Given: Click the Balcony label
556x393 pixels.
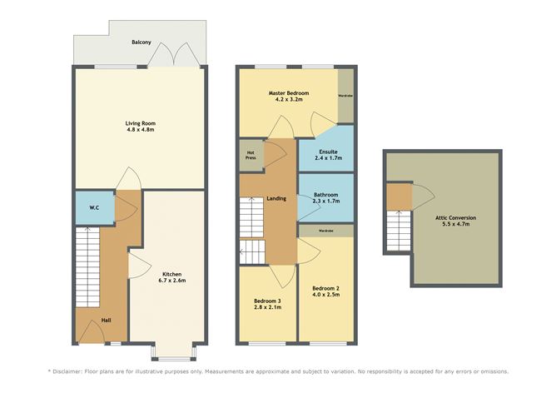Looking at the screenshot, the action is coord(141,42).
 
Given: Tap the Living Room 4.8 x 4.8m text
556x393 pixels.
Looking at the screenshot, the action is coord(141,127).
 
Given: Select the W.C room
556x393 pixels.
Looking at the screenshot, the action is coord(95,208).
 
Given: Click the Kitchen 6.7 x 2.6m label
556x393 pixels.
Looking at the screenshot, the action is coord(172,277).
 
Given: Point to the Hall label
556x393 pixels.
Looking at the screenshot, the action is coord(106,320).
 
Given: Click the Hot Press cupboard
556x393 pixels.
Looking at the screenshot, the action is coord(251,155).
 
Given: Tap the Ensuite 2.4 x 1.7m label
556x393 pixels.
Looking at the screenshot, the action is coord(328,155).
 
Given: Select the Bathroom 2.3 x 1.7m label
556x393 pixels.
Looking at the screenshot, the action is coord(326,197).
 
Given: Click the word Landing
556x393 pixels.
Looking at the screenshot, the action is coord(276,199).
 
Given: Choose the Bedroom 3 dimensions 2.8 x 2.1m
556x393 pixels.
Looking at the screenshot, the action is coord(268,307).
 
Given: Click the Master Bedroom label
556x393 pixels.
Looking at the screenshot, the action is coord(289,93).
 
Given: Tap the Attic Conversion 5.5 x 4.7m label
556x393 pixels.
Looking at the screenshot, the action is coord(455,221).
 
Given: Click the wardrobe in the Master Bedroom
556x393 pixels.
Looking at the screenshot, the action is coord(345,96).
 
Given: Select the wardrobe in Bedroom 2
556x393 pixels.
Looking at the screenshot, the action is coord(326,231).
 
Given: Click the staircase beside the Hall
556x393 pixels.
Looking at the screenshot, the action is coord(87,267).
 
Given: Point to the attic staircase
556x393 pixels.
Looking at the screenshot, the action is coord(399,231).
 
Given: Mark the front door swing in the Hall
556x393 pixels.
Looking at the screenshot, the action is coord(92,331).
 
